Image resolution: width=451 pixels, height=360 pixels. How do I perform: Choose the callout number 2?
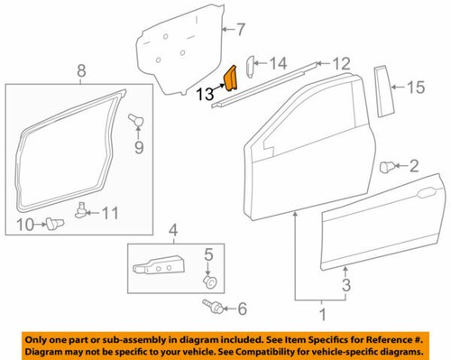pyautogui.click(x=414, y=165)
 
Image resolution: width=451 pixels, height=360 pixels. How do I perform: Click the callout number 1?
pyautogui.click(x=317, y=317)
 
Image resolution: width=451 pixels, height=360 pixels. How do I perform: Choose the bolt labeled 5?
pyautogui.click(x=208, y=281)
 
